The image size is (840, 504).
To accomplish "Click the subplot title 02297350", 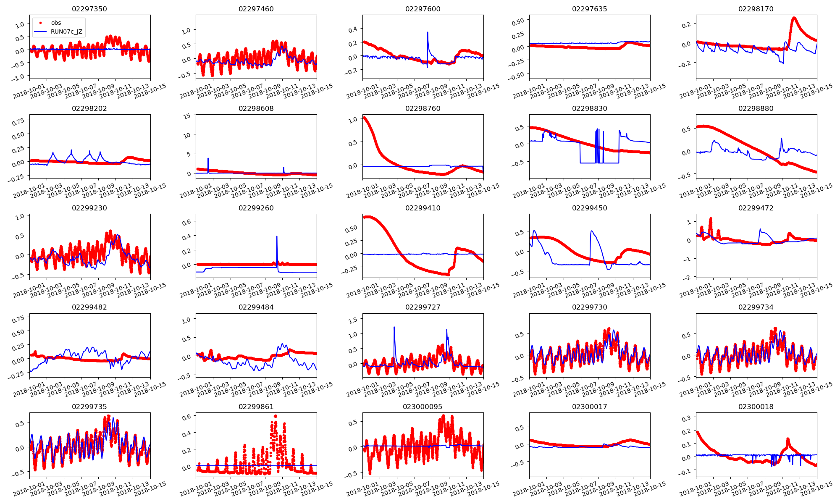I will click(x=89, y=9).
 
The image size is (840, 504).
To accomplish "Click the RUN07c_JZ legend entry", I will click(x=66, y=31).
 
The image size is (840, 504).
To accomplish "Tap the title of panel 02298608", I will click(x=256, y=108).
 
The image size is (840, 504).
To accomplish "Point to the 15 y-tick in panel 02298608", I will click(x=187, y=116).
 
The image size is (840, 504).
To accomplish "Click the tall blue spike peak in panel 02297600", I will click(x=428, y=32).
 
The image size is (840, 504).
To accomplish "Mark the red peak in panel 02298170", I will click(x=794, y=18).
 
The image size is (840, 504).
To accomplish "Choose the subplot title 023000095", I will click(x=423, y=407).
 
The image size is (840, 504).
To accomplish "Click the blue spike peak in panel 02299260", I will click(x=277, y=236).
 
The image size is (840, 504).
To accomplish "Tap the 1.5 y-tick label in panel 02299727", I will click(x=353, y=320).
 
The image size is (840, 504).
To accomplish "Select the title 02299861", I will click(x=256, y=407).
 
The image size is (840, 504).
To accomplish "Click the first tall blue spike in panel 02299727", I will click(x=394, y=327).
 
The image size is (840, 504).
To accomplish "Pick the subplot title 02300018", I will click(x=756, y=407).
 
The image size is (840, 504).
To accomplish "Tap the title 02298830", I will click(x=589, y=108).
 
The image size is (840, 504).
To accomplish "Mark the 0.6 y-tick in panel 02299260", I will click(x=186, y=222).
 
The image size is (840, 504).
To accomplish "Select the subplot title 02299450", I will click(x=589, y=208).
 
